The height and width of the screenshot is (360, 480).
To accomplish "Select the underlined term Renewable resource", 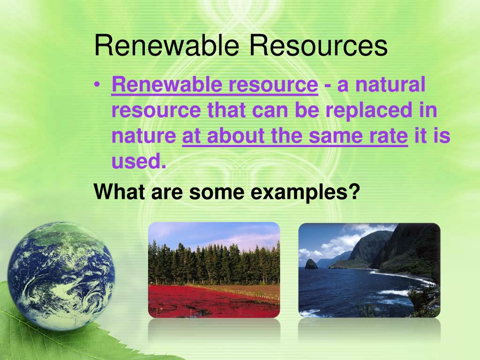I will point(215,86).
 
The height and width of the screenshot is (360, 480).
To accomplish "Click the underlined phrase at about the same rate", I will point(295,136).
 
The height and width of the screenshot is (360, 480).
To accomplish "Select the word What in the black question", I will point(120,192).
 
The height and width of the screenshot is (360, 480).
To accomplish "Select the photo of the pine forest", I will point(214,270).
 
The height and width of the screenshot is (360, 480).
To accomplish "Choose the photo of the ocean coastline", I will point(369,270).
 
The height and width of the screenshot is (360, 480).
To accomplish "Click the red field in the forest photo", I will point(197,300).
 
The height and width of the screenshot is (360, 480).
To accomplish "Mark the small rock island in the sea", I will point(311,263).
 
